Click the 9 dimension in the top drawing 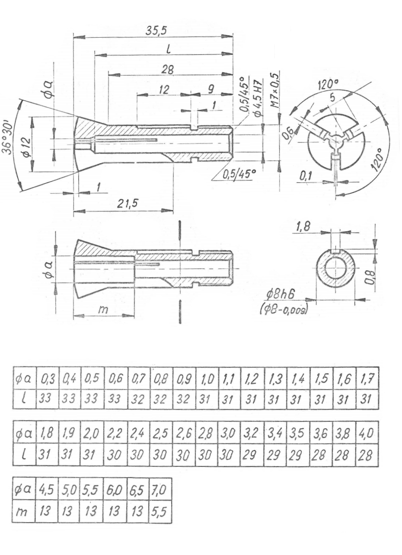pyautogui.click(x=211, y=89)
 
